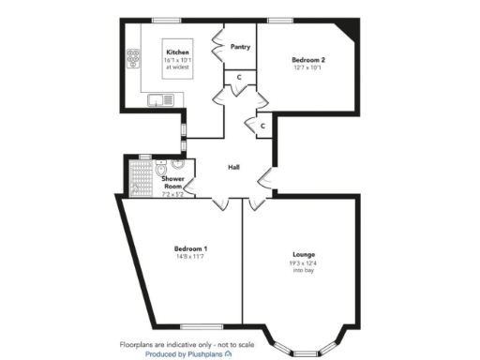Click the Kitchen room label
(178, 52)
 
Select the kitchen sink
(160, 99)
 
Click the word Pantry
(239, 46)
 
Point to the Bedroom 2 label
(308, 59)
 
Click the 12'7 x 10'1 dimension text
(308, 67)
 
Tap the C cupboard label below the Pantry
(240, 76)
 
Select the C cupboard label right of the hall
(262, 125)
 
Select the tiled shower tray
(140, 177)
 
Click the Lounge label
(303, 254)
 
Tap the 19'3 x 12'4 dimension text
(303, 263)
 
